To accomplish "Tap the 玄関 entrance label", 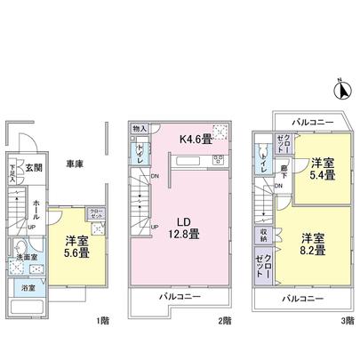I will coord(33,167).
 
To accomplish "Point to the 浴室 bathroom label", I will coord(28,288).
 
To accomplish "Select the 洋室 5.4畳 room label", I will coord(323,170).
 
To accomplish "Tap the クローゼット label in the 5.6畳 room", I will coord(95,213).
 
